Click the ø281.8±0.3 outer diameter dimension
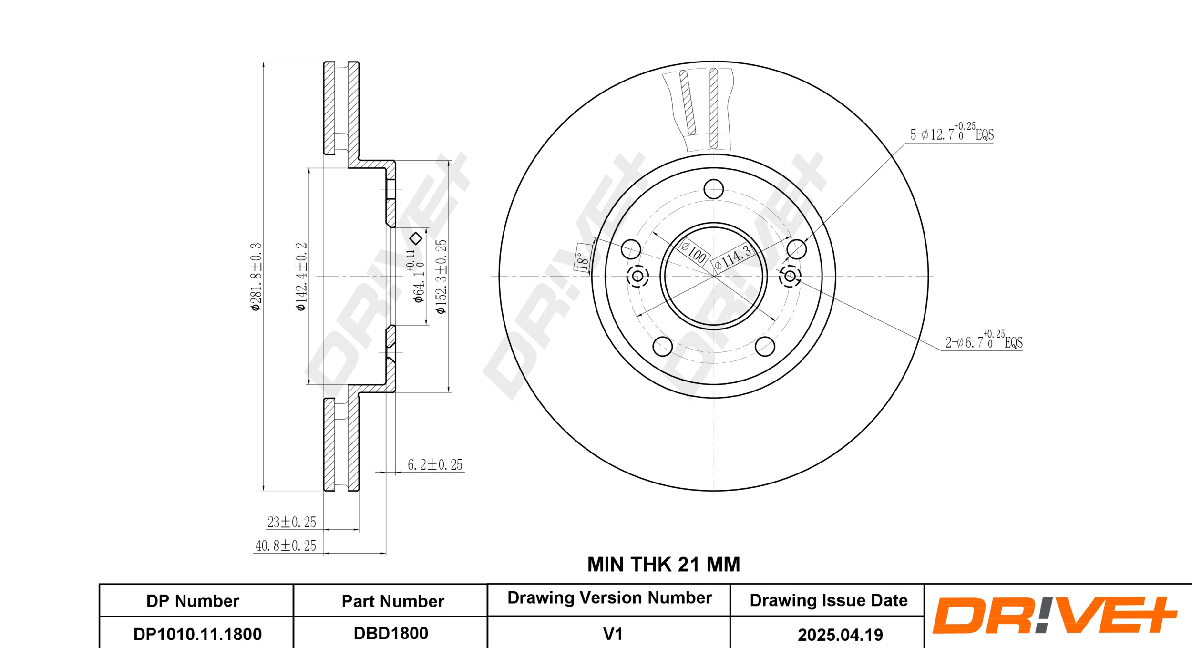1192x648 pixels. tap(256, 277)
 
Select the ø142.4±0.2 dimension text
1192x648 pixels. tap(301, 277)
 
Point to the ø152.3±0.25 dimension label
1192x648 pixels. tap(442, 277)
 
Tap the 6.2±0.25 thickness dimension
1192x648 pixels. tap(435, 464)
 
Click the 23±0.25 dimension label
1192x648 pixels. tap(292, 522)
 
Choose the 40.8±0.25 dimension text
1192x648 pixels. tap(286, 545)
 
